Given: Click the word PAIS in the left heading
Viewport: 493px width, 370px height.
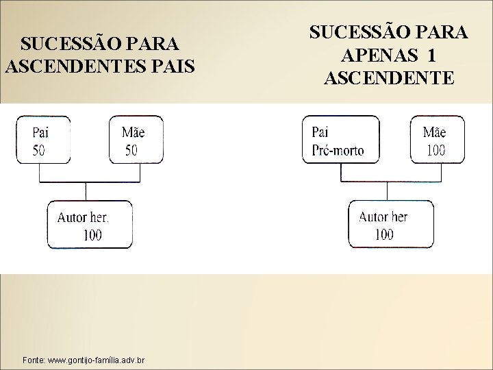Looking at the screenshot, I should (173, 67).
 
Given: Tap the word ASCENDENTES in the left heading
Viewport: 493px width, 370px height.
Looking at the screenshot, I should (76, 67).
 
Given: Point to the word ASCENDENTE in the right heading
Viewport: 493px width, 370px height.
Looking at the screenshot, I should (388, 77).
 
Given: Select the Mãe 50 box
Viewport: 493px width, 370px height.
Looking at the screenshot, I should (136, 140).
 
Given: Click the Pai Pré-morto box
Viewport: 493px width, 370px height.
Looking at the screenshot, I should (340, 140).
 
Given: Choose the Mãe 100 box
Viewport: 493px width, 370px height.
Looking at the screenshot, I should (437, 140).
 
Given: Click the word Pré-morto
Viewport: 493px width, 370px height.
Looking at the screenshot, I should (338, 150).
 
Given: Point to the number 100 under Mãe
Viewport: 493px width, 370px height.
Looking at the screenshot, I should (435, 150).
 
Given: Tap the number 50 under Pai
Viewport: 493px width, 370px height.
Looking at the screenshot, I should (39, 149).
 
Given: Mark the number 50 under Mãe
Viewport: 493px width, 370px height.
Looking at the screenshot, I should (131, 149).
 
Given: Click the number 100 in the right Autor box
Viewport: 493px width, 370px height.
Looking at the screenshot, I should (384, 235).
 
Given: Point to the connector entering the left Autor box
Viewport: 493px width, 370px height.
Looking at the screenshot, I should (85, 191).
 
